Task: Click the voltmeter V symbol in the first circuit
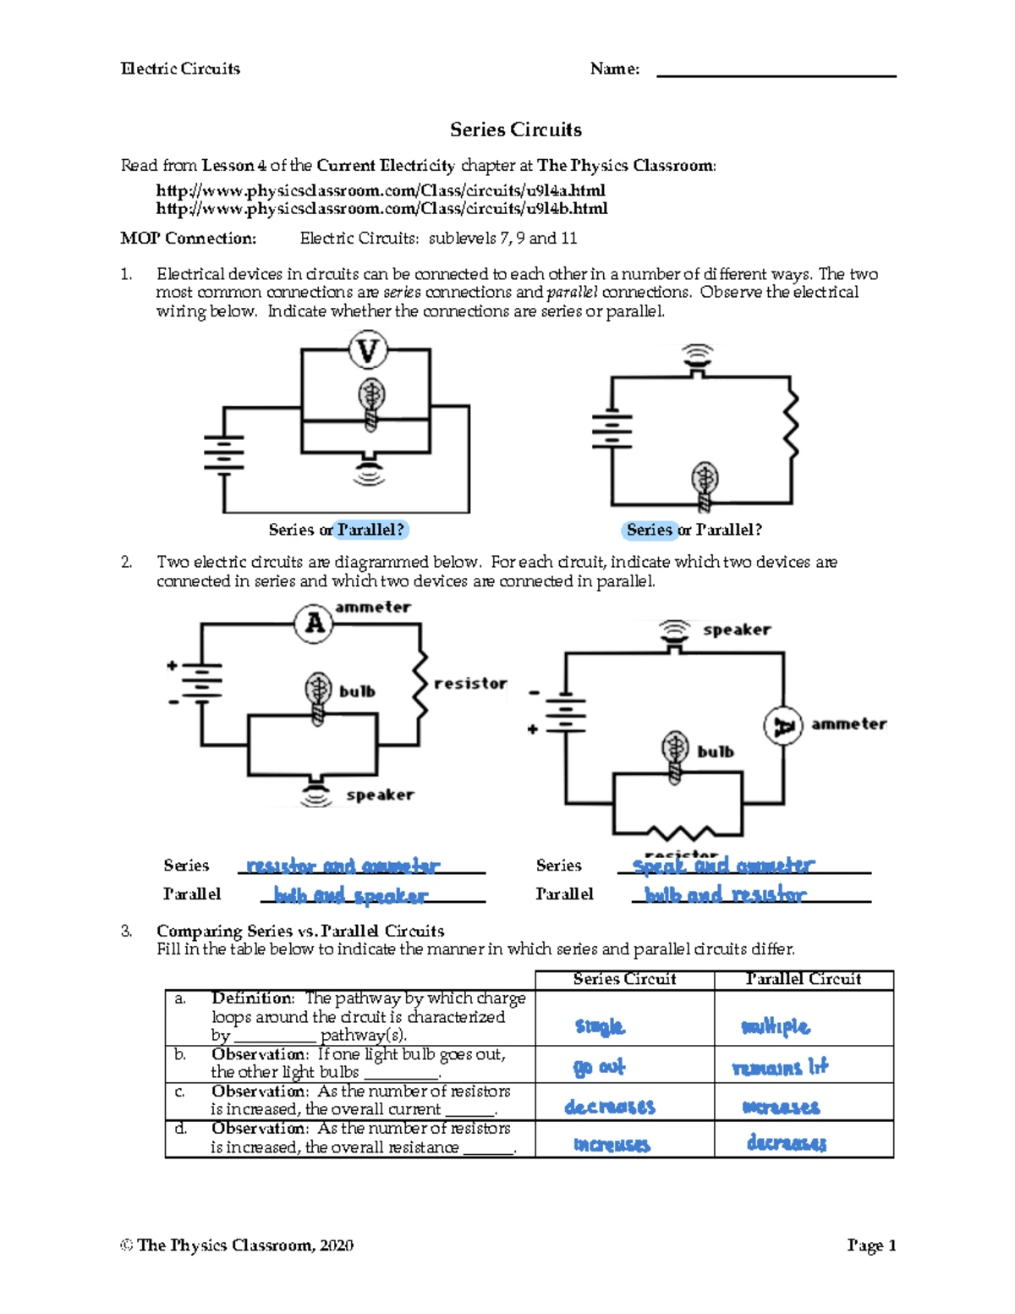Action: tap(368, 350)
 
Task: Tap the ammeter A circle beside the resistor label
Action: tap(314, 624)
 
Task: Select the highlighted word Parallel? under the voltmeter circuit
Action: tap(370, 530)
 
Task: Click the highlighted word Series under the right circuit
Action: tap(649, 530)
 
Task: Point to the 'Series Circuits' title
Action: tap(515, 129)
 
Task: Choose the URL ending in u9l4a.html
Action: tap(381, 190)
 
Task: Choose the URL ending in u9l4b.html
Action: tap(381, 208)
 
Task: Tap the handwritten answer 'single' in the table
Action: tap(600, 1026)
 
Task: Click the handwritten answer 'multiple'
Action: tap(776, 1026)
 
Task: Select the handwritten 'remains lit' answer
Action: tap(780, 1067)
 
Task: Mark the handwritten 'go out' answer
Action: tap(599, 1067)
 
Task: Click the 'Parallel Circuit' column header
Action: tap(804, 979)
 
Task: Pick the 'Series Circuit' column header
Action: tap(624, 979)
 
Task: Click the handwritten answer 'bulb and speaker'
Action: tap(351, 895)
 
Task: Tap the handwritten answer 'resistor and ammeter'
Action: tap(343, 866)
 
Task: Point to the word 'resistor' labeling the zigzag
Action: tap(470, 683)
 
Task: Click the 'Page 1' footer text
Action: tap(871, 1245)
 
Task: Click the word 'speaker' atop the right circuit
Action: tap(737, 630)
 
